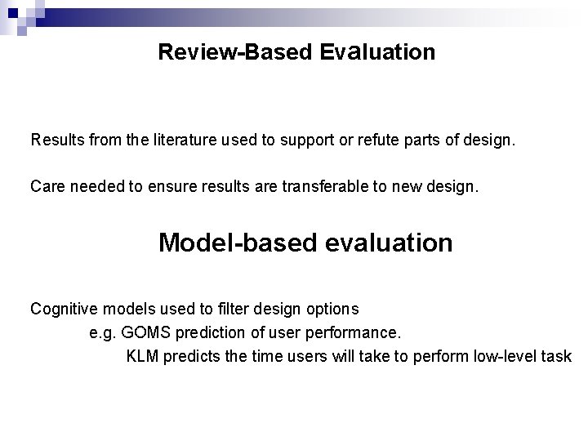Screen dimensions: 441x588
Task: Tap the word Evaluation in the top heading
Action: click(377, 52)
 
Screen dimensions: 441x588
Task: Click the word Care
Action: click(47, 186)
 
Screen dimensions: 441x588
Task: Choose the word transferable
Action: click(321, 186)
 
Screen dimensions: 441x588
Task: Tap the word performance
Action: click(358, 333)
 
